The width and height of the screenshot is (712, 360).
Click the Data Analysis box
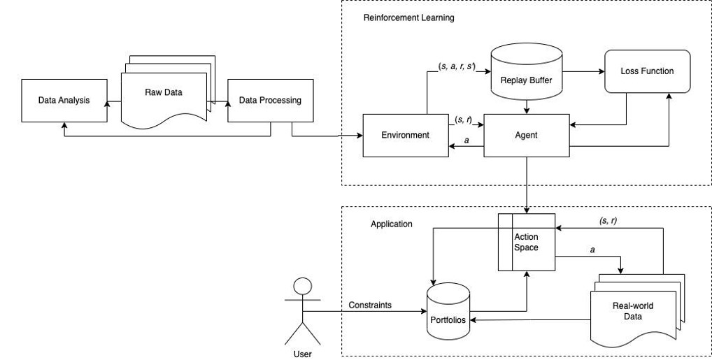[64, 100]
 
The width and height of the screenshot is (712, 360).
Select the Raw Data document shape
[164, 94]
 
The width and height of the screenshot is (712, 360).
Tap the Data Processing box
[270, 100]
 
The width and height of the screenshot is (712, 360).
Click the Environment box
[405, 135]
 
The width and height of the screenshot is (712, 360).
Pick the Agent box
[527, 135]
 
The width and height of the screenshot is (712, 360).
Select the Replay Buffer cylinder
[527, 73]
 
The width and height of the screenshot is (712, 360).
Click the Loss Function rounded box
[647, 71]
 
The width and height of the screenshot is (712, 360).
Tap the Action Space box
[526, 242]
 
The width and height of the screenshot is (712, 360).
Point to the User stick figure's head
[302, 287]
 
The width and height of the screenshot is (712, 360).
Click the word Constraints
[370, 305]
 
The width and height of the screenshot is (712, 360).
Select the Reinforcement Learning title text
[408, 17]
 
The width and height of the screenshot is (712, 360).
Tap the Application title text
[391, 224]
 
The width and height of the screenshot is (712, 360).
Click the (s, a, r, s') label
[457, 66]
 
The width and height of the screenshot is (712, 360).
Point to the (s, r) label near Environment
[462, 120]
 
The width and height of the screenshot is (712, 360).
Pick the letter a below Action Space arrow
[592, 249]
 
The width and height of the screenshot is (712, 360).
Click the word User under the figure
[302, 354]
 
